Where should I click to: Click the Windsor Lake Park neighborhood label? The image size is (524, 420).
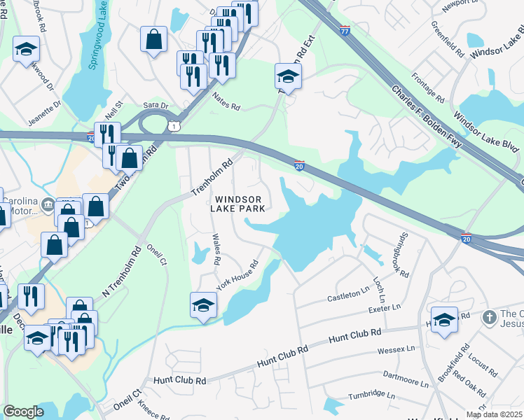239,204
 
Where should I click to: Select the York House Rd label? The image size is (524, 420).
237,275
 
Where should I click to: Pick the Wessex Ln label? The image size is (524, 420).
396,348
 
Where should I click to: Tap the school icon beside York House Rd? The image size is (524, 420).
203,304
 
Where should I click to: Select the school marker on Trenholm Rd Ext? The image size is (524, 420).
287,75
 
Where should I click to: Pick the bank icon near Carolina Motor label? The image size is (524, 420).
48,204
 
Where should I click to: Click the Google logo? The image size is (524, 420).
23,411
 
